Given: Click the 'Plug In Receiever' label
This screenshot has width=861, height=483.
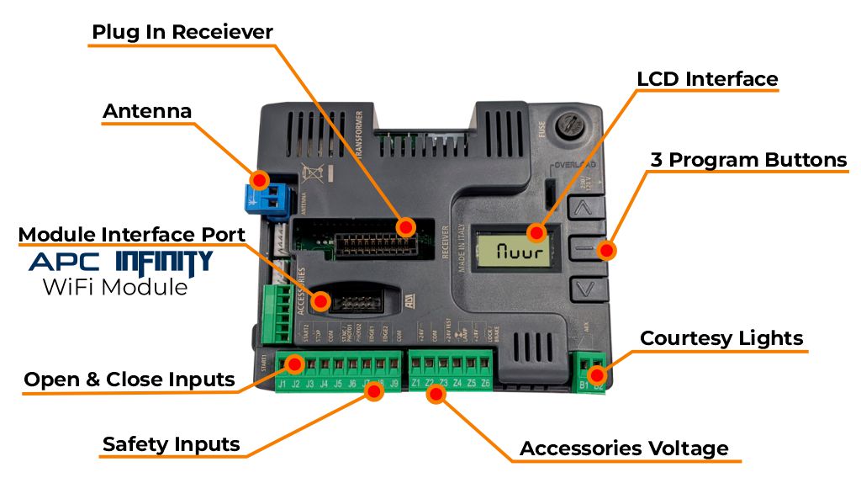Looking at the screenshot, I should click(x=182, y=33).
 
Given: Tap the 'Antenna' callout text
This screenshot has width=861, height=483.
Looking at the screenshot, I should click(x=147, y=111).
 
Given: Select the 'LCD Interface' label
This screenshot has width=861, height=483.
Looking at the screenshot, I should click(x=707, y=79).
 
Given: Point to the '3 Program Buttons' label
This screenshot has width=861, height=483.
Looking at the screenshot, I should click(x=748, y=160).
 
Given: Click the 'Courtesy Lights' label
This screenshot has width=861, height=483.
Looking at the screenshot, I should click(x=721, y=338).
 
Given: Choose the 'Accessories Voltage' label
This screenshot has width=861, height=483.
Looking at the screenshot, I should click(x=624, y=448).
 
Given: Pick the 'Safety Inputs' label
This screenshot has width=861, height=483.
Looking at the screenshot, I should click(x=172, y=444).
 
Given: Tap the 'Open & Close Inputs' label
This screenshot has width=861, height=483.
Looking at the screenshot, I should click(x=129, y=379).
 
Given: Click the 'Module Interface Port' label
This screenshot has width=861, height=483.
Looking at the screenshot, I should click(x=132, y=234).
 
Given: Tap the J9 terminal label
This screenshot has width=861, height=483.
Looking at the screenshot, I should click(x=394, y=385).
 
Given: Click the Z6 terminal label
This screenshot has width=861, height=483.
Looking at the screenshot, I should click(x=485, y=385).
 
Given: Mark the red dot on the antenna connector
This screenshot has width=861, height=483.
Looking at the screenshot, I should click(x=261, y=179).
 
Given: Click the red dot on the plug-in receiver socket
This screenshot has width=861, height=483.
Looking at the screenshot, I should click(x=405, y=226).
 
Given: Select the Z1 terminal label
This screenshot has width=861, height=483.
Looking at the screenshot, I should click(x=415, y=385).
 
